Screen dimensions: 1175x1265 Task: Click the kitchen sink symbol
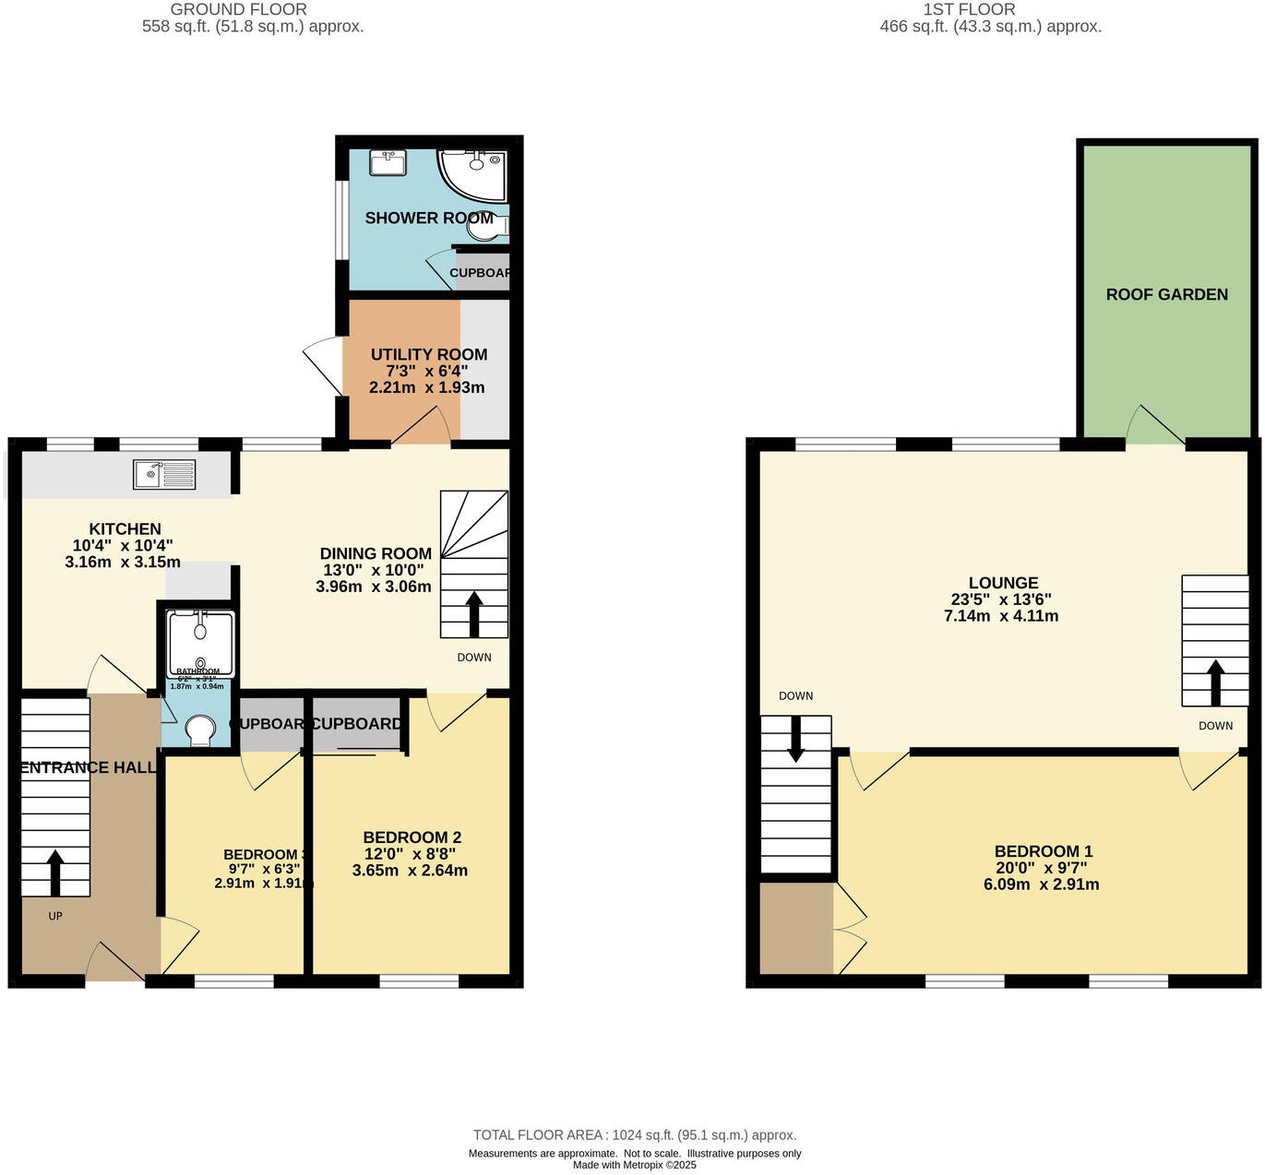pyautogui.click(x=164, y=474)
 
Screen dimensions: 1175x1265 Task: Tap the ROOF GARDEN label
pyautogui.click(x=1166, y=294)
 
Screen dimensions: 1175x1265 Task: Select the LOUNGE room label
pyautogui.click(x=1003, y=583)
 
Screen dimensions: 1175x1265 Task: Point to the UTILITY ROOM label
pyautogui.click(x=428, y=354)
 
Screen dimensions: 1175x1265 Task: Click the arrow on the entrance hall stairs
pyautogui.click(x=55, y=872)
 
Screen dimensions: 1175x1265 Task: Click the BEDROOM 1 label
pyautogui.click(x=1043, y=851)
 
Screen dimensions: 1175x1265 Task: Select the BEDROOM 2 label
pyautogui.click(x=412, y=837)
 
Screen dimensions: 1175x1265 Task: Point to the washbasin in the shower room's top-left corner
pyautogui.click(x=388, y=163)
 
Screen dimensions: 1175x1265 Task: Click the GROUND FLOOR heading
pyautogui.click(x=238, y=9)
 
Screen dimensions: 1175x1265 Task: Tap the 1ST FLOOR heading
pyautogui.click(x=969, y=9)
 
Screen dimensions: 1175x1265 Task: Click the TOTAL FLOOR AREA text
pyautogui.click(x=634, y=1135)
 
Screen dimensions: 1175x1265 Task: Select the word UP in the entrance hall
pyautogui.click(x=55, y=916)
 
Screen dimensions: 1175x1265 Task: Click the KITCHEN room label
pyautogui.click(x=125, y=529)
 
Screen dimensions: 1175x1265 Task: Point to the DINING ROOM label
pyautogui.click(x=376, y=553)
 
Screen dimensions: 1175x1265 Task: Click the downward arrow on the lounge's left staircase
pyautogui.click(x=794, y=741)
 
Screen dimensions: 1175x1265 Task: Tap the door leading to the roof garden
pyautogui.click(x=1154, y=426)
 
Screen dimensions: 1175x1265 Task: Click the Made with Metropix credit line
pyautogui.click(x=634, y=1165)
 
